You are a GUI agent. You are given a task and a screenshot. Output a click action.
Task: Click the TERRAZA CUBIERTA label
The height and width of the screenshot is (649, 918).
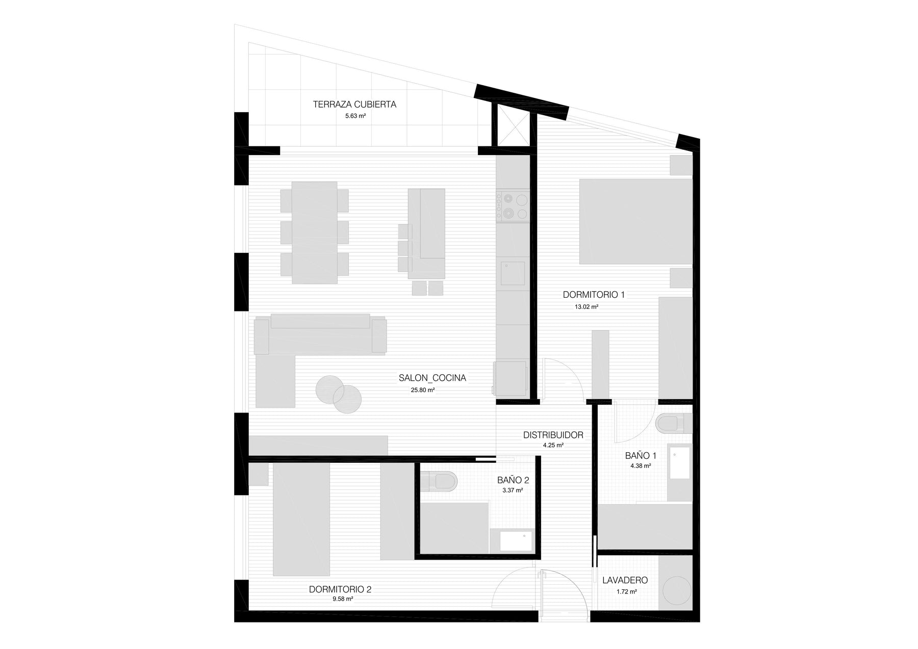click(x=354, y=105)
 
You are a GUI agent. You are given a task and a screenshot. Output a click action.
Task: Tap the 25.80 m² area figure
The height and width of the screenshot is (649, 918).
click(x=423, y=390)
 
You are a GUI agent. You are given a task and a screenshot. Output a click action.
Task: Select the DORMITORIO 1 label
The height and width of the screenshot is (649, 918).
click(x=594, y=295)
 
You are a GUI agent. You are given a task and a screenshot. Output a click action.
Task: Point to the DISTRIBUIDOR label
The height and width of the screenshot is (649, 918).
click(x=553, y=435)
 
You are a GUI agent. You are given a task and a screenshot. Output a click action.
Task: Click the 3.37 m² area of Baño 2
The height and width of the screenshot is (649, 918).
click(x=513, y=490)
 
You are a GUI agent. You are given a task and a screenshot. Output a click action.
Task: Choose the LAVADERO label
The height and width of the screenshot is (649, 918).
click(x=625, y=580)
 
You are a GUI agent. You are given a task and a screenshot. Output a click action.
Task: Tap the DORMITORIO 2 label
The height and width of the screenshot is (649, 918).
click(x=340, y=589)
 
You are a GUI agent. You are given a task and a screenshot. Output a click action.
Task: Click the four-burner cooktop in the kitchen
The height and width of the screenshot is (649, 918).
click(x=514, y=206)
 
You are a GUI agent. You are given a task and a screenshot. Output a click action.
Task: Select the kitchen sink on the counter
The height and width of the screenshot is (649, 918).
click(x=513, y=273)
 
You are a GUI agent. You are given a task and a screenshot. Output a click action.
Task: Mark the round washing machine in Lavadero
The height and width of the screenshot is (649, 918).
click(x=677, y=591)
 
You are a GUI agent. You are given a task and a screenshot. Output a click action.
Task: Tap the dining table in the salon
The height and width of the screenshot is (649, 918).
click(x=314, y=232)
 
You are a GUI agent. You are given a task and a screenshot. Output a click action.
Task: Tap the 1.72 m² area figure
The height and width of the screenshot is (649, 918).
click(x=626, y=592)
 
